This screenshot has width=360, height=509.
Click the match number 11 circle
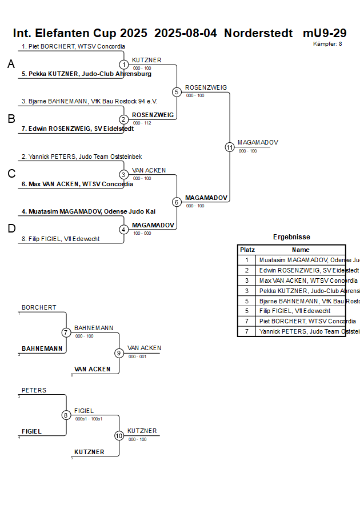pyautogui.click(x=230, y=147)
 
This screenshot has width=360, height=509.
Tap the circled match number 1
pyautogui.click(x=124, y=65)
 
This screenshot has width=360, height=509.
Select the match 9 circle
pyautogui.click(x=119, y=353)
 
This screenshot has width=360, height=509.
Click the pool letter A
pyautogui.click(x=11, y=65)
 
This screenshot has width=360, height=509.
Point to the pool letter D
pyautogui.click(x=11, y=229)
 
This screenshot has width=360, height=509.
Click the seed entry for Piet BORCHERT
pyautogui.click(x=73, y=47)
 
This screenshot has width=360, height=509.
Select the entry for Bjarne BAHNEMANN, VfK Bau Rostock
pyautogui.click(x=89, y=102)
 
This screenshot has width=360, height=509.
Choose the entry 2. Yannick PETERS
pyautogui.click(x=82, y=157)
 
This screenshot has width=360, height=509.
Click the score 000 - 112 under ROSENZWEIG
pyautogui.click(x=142, y=123)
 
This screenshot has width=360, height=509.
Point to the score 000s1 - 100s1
pyautogui.click(x=89, y=419)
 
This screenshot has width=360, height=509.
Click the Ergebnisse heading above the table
pyautogui.click(x=291, y=237)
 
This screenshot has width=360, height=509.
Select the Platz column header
pyautogui.click(x=247, y=250)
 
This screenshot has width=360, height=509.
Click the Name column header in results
pyautogui.click(x=301, y=250)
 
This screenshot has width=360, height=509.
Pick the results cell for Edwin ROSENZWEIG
pyautogui.click(x=301, y=270)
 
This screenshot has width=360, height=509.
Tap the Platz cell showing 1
pyautogui.click(x=247, y=260)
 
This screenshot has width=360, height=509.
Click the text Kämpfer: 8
pyautogui.click(x=327, y=44)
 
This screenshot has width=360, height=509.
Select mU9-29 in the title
pyautogui.click(x=324, y=33)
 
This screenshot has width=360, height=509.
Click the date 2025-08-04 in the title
pyautogui.click(x=186, y=33)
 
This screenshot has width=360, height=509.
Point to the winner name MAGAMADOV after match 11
pyautogui.click(x=258, y=142)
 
